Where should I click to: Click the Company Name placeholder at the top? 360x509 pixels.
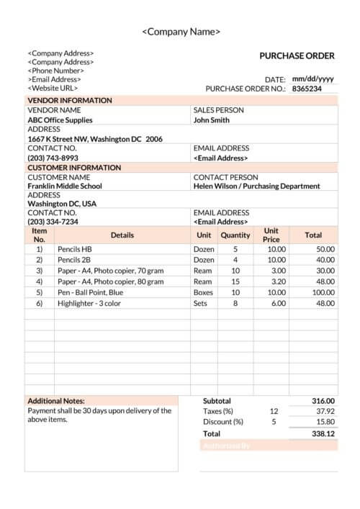(181, 32)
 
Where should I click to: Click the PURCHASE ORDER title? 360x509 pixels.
(297, 55)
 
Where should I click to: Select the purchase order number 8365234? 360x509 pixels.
(305, 89)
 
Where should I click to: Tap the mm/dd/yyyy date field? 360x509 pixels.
(312, 79)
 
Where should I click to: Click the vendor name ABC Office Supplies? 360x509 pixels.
(60, 120)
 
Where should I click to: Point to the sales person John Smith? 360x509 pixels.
(212, 120)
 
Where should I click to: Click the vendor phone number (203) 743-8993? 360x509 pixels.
(53, 158)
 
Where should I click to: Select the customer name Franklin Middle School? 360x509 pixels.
(65, 186)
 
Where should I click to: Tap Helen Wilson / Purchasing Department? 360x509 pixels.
(256, 186)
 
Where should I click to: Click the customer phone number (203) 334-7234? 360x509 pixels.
(53, 222)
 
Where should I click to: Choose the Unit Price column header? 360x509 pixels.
(271, 235)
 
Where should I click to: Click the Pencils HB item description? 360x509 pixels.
(75, 248)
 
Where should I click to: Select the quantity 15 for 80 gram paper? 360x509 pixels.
(235, 281)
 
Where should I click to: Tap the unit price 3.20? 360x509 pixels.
(276, 281)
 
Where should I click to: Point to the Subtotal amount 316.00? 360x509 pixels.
(323, 401)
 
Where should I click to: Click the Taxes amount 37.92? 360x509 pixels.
(325, 411)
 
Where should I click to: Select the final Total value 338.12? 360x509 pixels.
(323, 434)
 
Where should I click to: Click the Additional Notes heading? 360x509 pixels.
(56, 401)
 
